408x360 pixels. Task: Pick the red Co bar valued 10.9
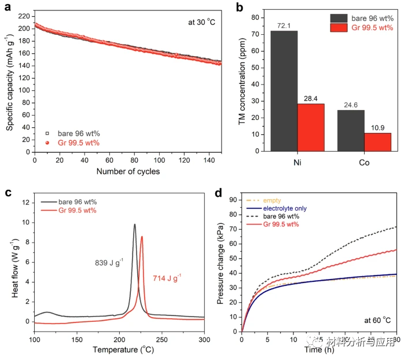(x=378, y=142)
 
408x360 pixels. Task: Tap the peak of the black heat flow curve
(x=135, y=225)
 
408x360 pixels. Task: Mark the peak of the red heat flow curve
(x=142, y=237)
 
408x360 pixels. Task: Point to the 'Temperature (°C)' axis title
(x=119, y=350)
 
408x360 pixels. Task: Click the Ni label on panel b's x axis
(x=297, y=163)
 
